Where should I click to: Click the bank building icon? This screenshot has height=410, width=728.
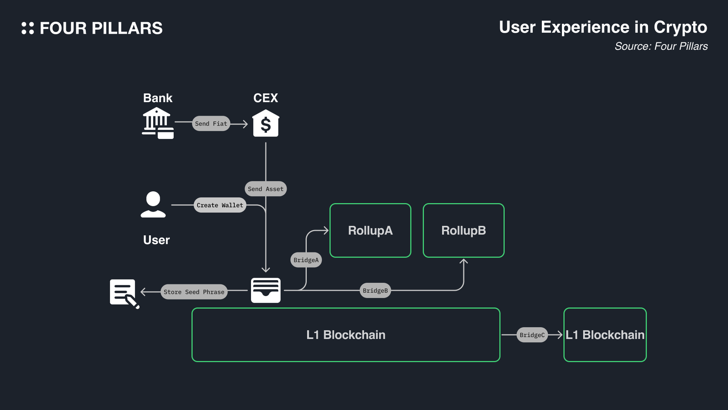coord(157,123)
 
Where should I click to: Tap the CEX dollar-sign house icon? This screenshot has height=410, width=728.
coord(266,124)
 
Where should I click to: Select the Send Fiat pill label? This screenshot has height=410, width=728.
coord(211,124)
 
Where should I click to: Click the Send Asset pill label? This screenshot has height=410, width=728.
coord(266,189)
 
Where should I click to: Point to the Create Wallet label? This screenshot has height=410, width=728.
coord(220,205)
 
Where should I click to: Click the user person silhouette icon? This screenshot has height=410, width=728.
coord(153,204)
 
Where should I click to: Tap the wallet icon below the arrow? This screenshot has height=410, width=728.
coord(266,290)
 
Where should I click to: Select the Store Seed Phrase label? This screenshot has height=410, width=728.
coord(194,292)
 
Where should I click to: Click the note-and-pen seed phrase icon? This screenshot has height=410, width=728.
coord(124,293)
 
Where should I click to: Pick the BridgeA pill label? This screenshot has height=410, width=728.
coord(306,260)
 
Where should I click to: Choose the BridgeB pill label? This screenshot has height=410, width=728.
coord(375,291)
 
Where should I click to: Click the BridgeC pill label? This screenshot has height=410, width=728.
coord(532,335)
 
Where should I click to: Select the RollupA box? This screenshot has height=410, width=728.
coord(370,230)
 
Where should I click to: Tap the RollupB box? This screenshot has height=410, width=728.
coord(464,230)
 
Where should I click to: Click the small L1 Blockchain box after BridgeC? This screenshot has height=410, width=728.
coord(605,335)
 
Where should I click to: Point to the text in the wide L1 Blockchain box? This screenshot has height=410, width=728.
coord(346,335)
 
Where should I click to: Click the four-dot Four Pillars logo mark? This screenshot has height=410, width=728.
coord(28,28)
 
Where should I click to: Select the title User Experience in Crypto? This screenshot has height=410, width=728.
coord(603,27)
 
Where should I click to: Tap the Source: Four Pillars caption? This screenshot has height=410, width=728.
coord(661,46)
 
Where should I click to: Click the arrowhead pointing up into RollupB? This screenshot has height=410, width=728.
coord(464,262)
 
